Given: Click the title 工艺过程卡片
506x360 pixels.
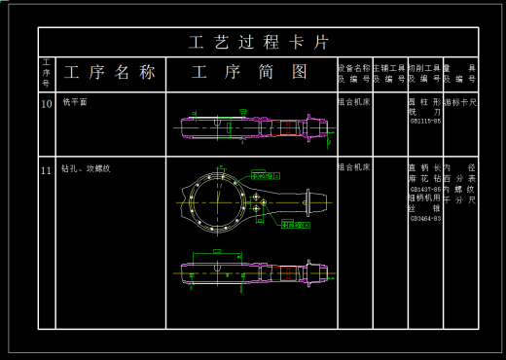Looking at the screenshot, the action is point(258,42).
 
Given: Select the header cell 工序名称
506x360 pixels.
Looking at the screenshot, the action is point(109,72).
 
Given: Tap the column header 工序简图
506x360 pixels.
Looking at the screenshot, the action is point(250,72).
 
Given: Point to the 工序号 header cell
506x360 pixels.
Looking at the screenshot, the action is point(46,72).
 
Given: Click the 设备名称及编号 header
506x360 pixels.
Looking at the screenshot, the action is point(353,73).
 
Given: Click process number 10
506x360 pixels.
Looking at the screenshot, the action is point(46,102).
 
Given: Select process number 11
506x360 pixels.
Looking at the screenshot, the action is point(46,170).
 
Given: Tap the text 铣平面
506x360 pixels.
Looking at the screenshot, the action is point(74,101).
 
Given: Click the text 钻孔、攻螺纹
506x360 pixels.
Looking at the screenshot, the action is point(86,169).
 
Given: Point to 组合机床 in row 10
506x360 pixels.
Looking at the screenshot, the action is point(353,101).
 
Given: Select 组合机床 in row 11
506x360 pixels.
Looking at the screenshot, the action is point(353,168).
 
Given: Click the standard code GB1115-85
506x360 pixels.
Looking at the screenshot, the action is point(425,121).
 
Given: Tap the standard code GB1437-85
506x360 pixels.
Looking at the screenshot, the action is point(425,189).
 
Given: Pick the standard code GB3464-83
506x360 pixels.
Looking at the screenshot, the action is point(425,218).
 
